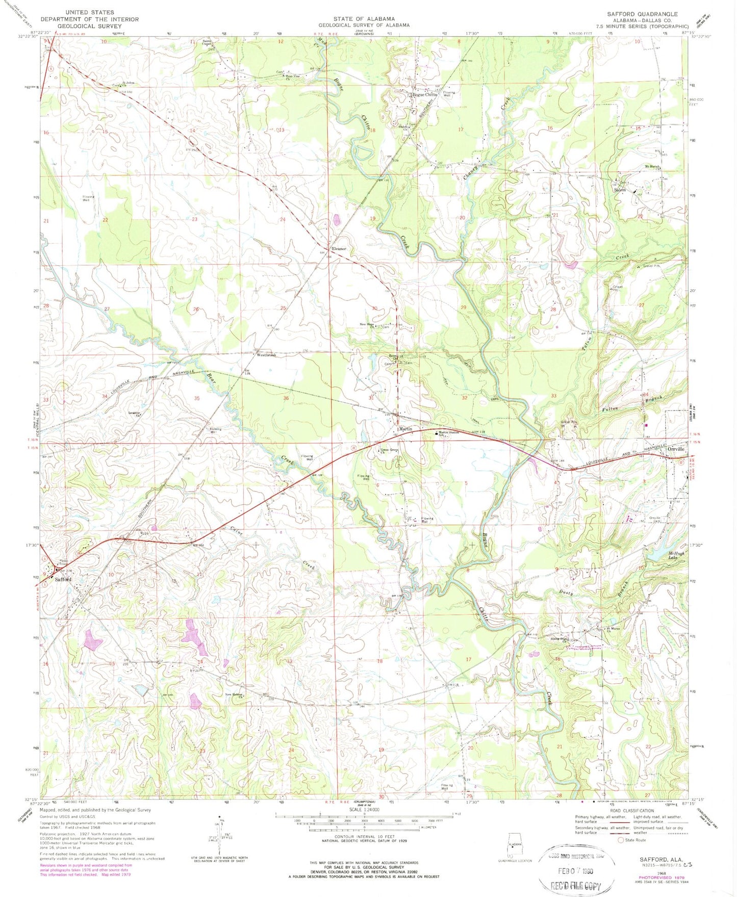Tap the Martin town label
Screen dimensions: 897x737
coord(405,429)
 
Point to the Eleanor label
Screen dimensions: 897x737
coord(339,249)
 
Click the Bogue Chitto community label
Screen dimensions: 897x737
coord(424,95)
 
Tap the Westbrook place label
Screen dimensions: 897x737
coord(266,355)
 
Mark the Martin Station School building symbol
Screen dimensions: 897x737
coord(436,433)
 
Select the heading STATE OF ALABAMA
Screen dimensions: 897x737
coord(364,19)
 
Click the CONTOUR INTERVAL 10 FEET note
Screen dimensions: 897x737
coord(364,837)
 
